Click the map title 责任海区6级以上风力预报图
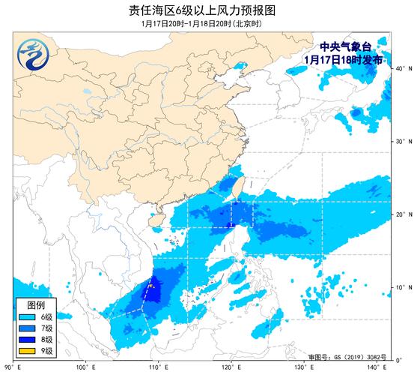point(208,10)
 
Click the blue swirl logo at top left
point(28,52)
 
